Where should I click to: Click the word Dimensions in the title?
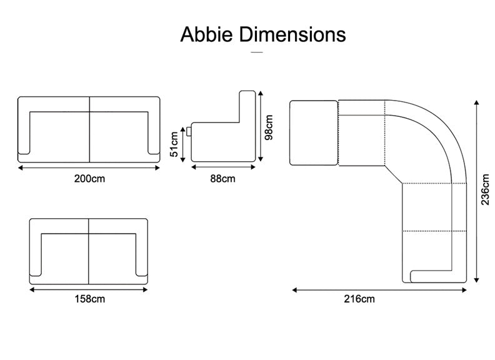point(292,34)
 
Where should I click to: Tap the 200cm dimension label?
point(89,179)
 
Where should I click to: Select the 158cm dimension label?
point(89,299)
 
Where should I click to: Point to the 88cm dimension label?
point(223,179)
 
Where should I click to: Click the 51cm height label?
point(174,144)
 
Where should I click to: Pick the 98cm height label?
point(269,127)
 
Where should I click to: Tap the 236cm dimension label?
point(485,189)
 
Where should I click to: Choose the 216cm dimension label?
point(359,299)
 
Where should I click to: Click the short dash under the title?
point(257,52)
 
